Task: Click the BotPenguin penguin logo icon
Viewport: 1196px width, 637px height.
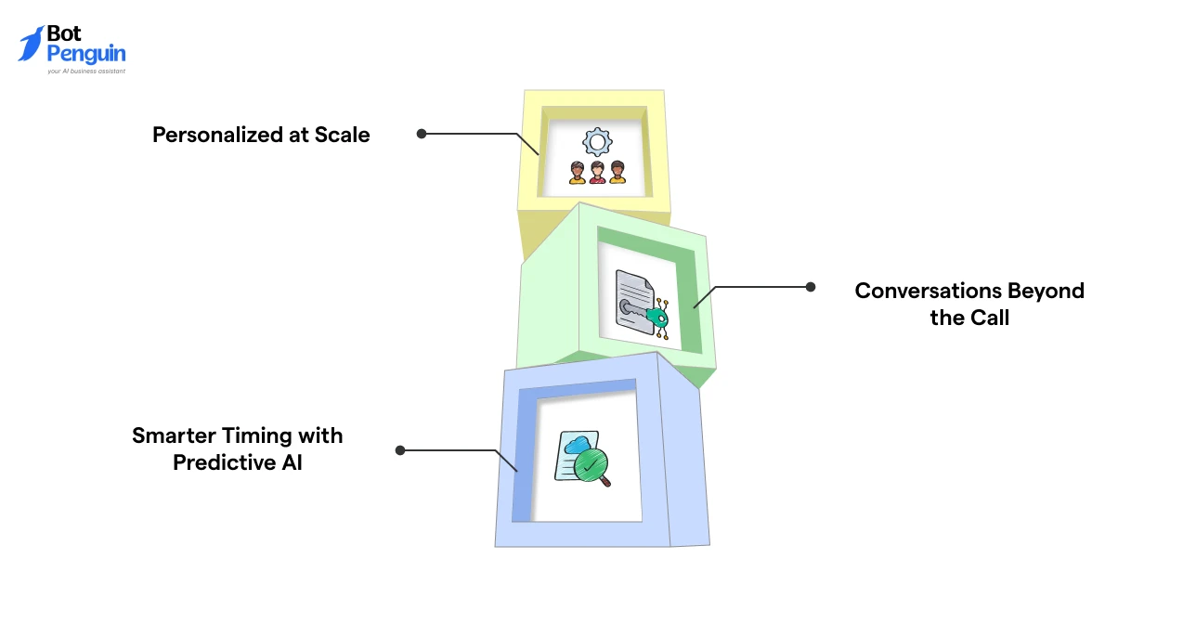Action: (31, 44)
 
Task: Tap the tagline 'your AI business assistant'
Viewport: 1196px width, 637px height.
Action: (86, 71)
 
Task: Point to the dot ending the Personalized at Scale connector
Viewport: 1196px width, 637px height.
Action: (422, 134)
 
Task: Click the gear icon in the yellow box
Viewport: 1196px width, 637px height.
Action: (596, 142)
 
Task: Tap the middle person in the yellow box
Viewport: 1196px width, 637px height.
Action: (597, 173)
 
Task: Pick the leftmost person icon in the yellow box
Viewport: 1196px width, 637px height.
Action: (578, 173)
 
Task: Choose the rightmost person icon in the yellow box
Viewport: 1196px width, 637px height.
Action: (617, 173)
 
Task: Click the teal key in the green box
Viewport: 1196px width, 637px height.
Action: (657, 318)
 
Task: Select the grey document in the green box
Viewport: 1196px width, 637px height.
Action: (633, 302)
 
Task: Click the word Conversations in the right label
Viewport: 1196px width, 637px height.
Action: (931, 291)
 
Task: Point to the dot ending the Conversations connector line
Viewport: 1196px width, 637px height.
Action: (811, 287)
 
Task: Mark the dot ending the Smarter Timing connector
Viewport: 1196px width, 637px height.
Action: (400, 450)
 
